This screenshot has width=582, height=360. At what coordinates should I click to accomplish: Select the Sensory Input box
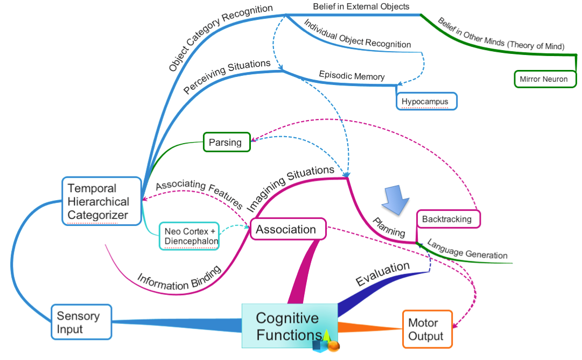(81, 322)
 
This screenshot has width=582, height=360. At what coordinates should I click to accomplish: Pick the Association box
(286, 229)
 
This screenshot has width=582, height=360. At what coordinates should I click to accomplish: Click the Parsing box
(226, 142)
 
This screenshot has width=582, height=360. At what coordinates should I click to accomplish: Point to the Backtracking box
(447, 219)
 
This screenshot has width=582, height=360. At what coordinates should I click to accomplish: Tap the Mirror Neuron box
(544, 79)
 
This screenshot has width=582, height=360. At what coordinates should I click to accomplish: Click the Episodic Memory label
(352, 75)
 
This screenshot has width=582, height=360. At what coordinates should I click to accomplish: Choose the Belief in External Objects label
(361, 7)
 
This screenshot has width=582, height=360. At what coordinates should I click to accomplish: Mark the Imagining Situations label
(290, 188)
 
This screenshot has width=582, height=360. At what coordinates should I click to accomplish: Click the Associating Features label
(199, 192)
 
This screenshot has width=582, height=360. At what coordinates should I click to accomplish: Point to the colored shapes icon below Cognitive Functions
(326, 342)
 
